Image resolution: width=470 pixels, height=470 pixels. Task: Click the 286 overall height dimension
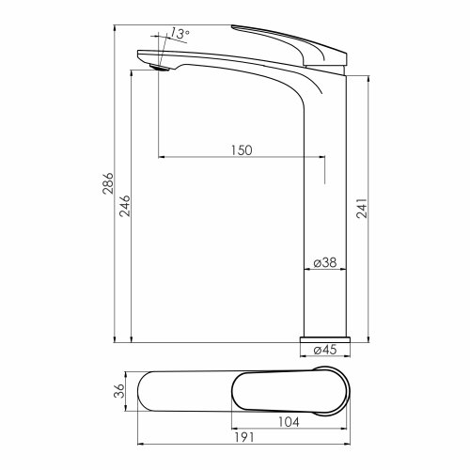pos(108,183)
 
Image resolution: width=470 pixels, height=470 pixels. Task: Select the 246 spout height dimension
pos(125,206)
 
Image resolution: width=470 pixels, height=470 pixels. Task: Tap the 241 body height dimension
pos(362,208)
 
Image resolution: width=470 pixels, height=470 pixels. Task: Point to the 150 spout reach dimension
pos(242,150)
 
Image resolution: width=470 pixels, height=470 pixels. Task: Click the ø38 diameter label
pos(325,262)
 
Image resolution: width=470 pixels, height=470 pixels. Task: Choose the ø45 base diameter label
pos(325,350)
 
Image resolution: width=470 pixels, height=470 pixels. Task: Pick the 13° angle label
pos(180,34)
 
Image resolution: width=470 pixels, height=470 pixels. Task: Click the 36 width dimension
pos(119,391)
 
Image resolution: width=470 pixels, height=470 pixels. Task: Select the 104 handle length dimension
pos(289,422)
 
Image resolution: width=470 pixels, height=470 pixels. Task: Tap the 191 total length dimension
pos(244,437)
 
